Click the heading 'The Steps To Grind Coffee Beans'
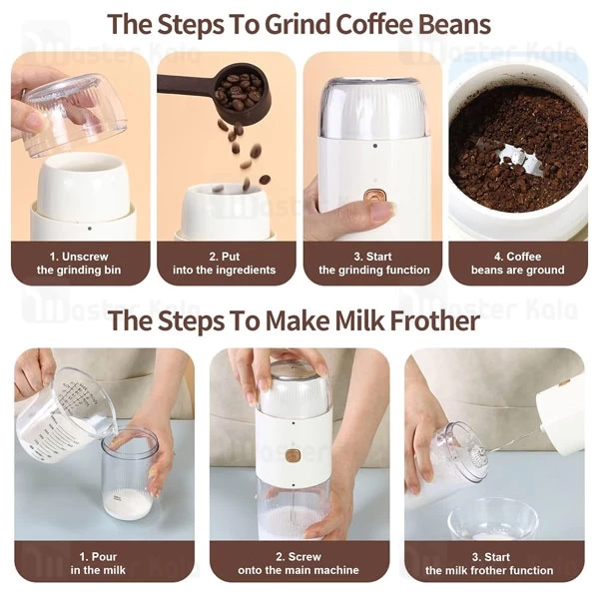[299, 23]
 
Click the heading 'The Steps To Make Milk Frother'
[299, 321]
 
